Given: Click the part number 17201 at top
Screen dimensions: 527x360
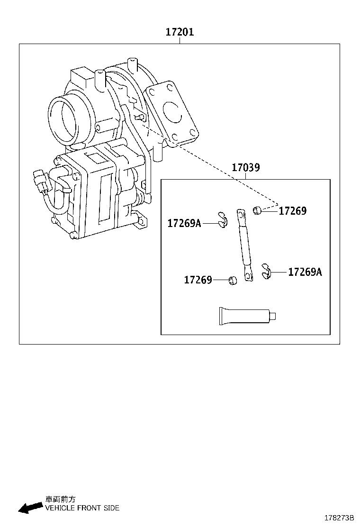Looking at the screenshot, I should [180, 32].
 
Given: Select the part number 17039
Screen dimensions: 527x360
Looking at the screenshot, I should [245, 167].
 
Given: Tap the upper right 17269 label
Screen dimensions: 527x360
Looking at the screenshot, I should [292, 211].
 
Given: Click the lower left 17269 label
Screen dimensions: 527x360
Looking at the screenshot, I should [198, 280].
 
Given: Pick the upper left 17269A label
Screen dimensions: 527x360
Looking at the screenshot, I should [184, 223].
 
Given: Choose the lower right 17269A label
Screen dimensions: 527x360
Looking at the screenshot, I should [305, 272].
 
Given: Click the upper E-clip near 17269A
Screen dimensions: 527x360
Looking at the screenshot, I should [223, 219].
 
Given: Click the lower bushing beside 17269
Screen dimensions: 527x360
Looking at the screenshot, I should [232, 280].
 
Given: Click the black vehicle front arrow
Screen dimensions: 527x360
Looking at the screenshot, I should [30, 508].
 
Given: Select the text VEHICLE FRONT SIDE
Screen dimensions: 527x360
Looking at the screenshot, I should [82, 508].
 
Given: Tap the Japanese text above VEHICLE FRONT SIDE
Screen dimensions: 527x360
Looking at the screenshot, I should [60, 499].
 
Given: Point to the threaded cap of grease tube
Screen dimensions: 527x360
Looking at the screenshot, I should [273, 315].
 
